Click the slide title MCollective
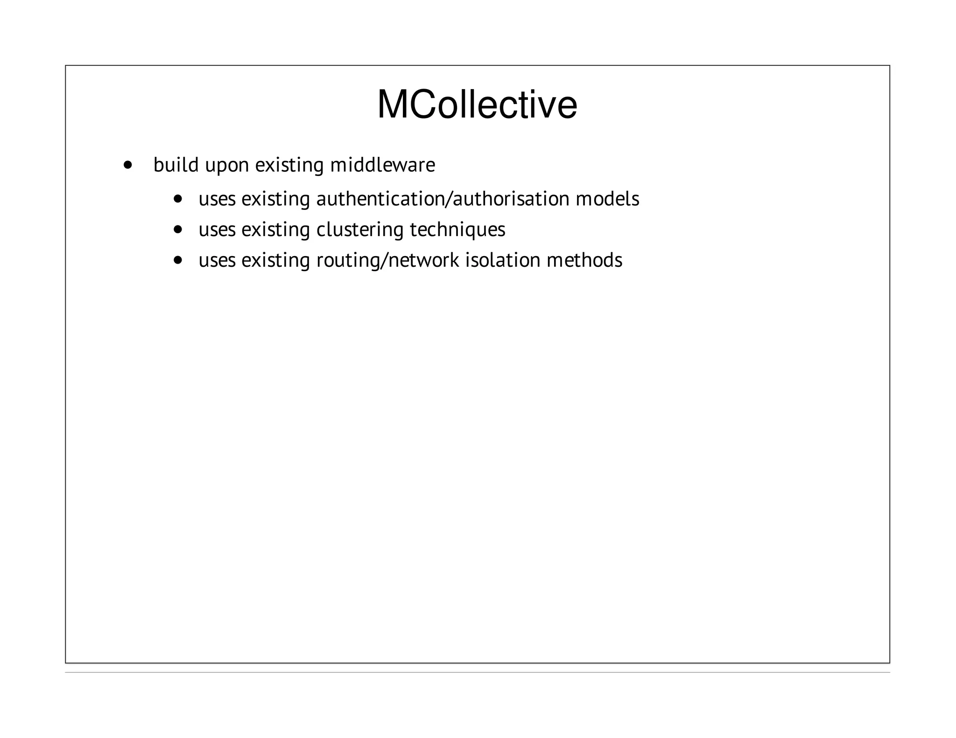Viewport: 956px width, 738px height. tap(477, 105)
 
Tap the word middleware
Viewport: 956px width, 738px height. tap(382, 165)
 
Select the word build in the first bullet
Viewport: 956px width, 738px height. tap(176, 165)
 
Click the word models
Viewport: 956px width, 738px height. tap(607, 199)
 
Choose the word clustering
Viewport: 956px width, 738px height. tap(359, 230)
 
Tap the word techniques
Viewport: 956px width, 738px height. tap(457, 230)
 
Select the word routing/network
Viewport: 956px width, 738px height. tap(387, 261)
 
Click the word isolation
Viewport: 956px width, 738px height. tap(503, 260)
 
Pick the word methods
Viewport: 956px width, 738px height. tap(584, 260)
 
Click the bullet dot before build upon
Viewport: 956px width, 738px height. tap(127, 165)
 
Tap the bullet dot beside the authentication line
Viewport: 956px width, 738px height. tap(177, 199)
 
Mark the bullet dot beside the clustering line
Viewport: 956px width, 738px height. tap(177, 230)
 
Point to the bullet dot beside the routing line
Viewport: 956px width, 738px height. tap(177, 260)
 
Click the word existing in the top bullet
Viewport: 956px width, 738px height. tap(289, 165)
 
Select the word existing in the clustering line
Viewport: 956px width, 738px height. tap(275, 230)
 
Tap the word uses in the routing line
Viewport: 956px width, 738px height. tap(217, 260)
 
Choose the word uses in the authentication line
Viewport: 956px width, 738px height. tap(217, 199)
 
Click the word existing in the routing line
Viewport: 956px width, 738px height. tap(275, 260)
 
